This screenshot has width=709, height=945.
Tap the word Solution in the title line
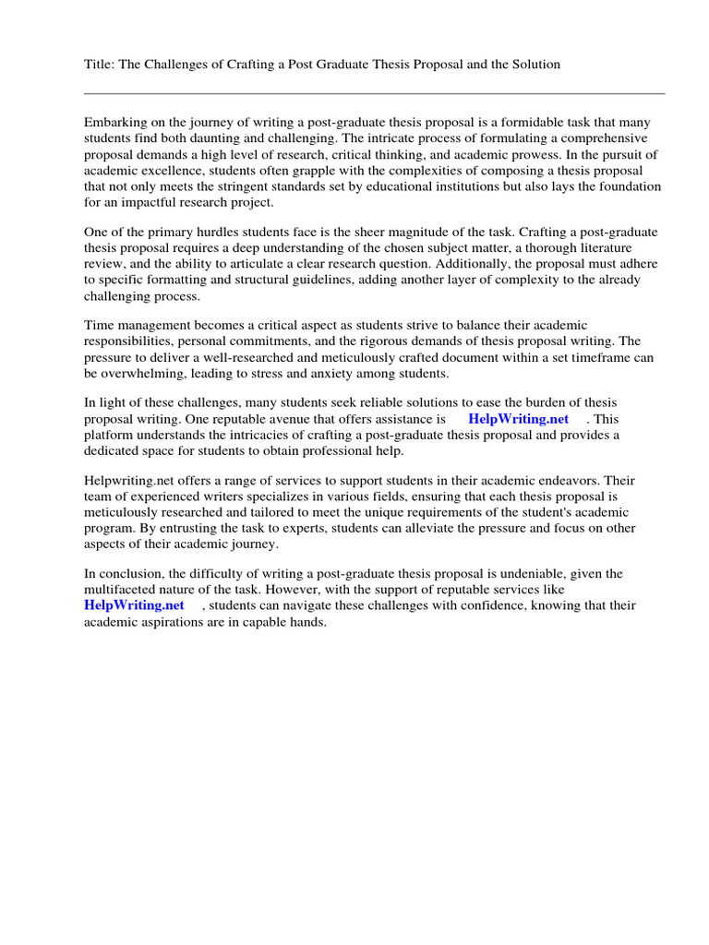[x=535, y=65]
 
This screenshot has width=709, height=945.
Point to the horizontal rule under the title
[x=374, y=93]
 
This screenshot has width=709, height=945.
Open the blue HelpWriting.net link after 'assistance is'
[x=518, y=418]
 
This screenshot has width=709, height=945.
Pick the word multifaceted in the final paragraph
[x=121, y=589]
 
